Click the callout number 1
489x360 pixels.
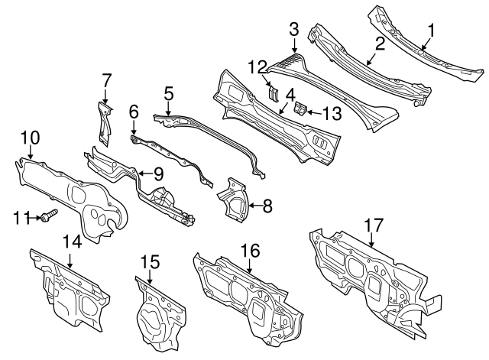click(x=431, y=31)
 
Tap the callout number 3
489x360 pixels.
click(x=293, y=29)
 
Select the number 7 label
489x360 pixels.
click(x=106, y=80)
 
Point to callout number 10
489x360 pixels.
click(x=31, y=138)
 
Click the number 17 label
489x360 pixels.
click(x=374, y=225)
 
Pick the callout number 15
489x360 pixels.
click(x=150, y=261)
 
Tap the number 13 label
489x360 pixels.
click(x=332, y=113)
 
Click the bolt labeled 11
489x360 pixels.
click(x=49, y=216)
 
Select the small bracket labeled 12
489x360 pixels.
click(x=274, y=93)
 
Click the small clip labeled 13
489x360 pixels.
click(x=300, y=109)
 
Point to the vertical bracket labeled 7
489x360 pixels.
click(x=105, y=123)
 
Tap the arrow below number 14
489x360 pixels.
click(x=70, y=261)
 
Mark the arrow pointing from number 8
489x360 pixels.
click(x=254, y=206)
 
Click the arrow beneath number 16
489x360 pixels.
click(x=250, y=265)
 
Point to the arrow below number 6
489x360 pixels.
click(x=134, y=128)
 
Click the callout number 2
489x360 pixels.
click(x=380, y=44)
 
